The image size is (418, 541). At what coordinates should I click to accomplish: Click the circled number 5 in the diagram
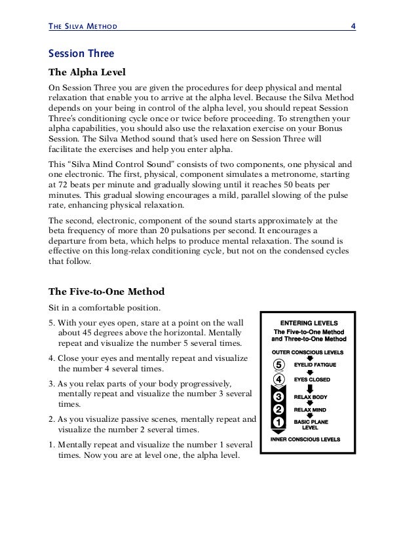click(279, 364)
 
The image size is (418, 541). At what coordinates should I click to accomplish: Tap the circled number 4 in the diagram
click(279, 379)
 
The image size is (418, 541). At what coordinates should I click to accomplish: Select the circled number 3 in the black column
click(279, 397)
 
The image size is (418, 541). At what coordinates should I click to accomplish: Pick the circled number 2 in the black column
click(279, 410)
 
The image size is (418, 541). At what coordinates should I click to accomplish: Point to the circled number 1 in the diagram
click(279, 423)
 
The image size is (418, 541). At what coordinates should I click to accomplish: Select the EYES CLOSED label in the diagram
click(312, 379)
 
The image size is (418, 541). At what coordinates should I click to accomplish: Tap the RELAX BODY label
click(311, 397)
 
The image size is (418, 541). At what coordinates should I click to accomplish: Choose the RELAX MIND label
click(311, 410)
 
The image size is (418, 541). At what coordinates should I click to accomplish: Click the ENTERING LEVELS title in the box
click(309, 323)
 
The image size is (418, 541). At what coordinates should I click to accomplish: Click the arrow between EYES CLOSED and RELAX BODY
click(310, 388)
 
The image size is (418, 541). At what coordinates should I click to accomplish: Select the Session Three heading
click(82, 53)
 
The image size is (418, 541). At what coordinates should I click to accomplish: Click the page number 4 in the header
click(352, 26)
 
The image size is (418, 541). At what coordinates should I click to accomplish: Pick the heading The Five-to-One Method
click(107, 291)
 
